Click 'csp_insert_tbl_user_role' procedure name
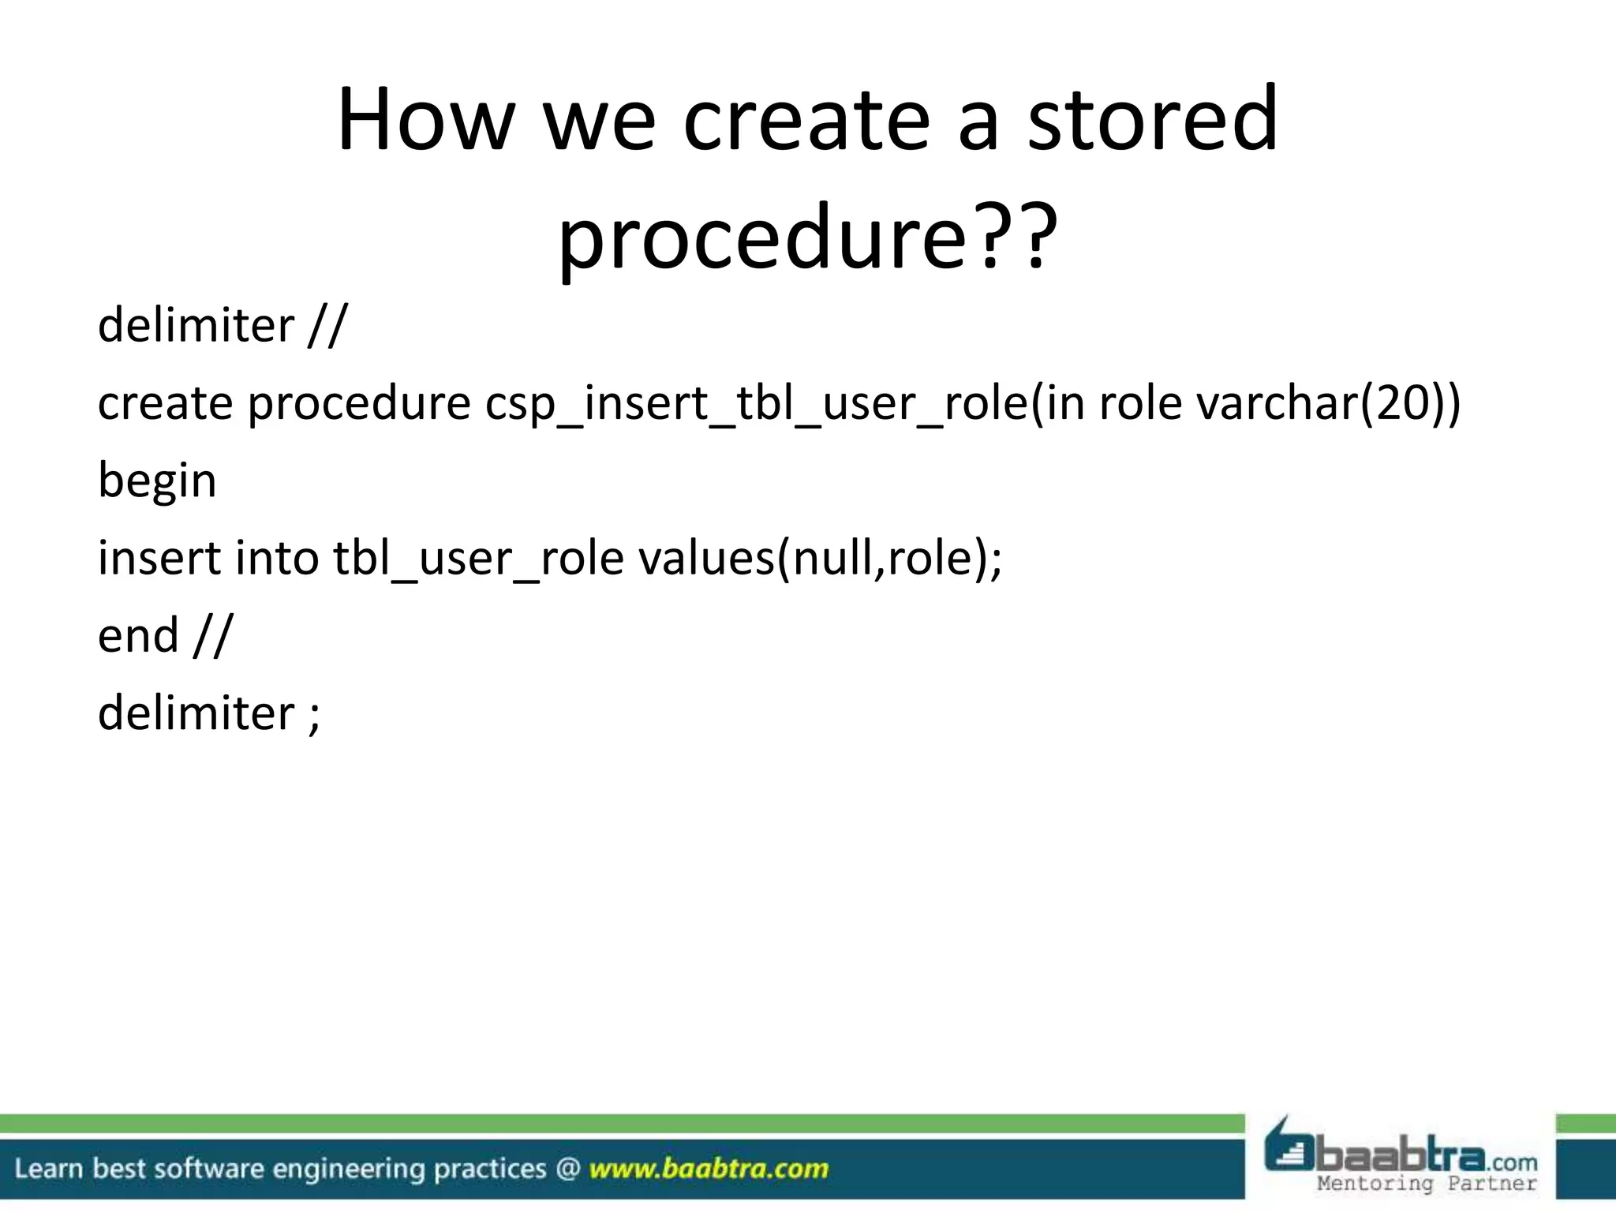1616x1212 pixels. (757, 404)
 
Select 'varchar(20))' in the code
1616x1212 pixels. (1328, 402)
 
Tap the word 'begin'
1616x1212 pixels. (157, 481)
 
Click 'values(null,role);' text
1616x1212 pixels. (820, 559)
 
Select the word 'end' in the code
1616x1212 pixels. (138, 635)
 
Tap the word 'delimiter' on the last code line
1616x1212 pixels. (196, 713)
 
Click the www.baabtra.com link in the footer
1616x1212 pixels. (709, 1169)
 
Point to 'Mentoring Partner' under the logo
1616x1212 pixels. (1427, 1184)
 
